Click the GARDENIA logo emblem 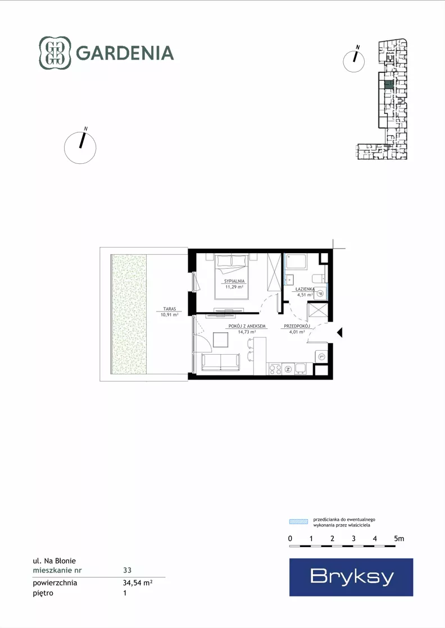click(55, 53)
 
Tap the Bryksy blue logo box click(351, 577)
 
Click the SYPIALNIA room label click(234, 281)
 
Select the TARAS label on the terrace click(170, 309)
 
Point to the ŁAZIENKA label click(305, 289)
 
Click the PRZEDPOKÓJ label click(297, 326)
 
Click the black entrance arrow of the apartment click(339, 332)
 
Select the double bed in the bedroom click(231, 276)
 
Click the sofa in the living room click(220, 362)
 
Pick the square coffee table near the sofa click(220, 340)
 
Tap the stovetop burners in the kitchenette click(275, 369)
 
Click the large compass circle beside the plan click(80, 148)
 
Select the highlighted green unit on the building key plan click(388, 85)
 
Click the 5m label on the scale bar click(399, 539)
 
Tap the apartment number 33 click(127, 570)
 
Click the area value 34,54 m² click(138, 583)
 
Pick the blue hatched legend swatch click(299, 521)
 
